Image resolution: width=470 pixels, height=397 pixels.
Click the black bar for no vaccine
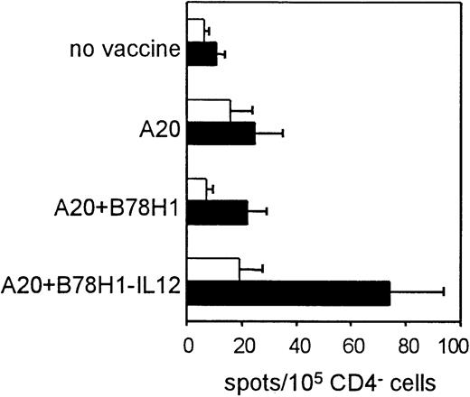tap(202, 53)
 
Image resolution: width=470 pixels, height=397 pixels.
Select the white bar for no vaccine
tap(195, 31)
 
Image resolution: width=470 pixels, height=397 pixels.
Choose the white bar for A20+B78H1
tap(197, 189)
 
